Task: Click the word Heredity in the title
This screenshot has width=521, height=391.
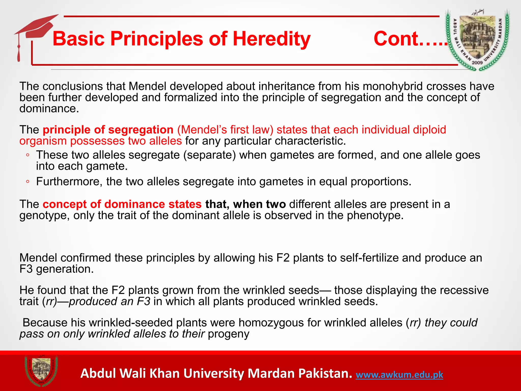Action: pyautogui.click(x=271, y=39)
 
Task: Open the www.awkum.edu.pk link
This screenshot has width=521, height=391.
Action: pyautogui.click(x=399, y=375)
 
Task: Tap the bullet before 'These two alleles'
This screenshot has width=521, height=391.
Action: pyautogui.click(x=28, y=155)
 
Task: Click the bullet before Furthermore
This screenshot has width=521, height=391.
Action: pyautogui.click(x=28, y=181)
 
